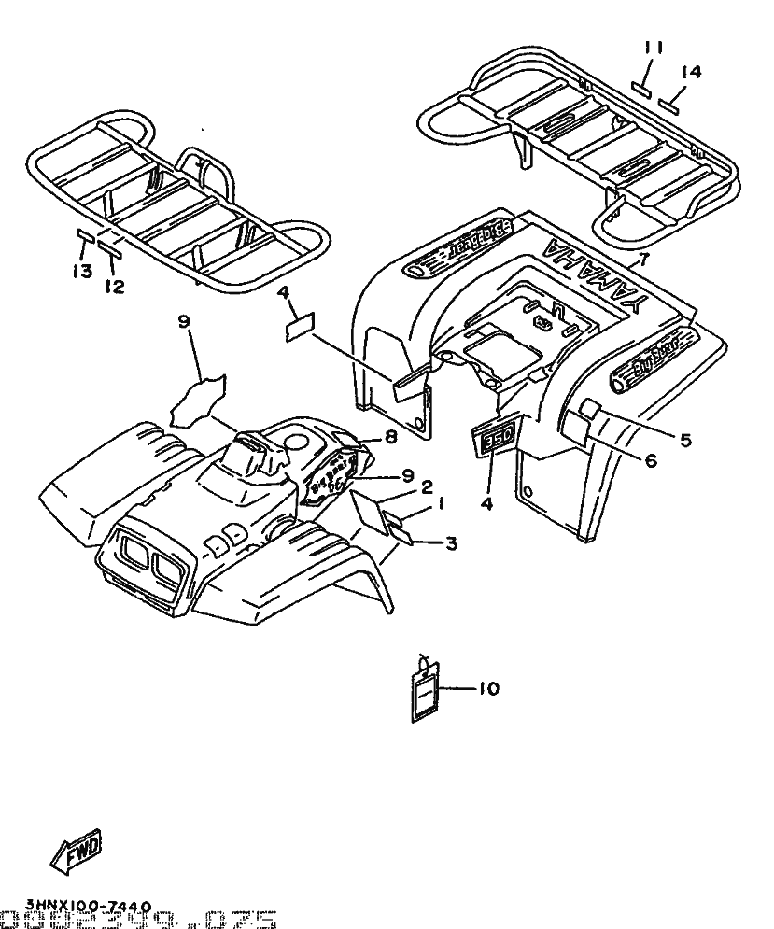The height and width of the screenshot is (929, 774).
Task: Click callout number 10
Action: (487, 689)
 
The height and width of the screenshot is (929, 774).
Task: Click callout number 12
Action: (114, 288)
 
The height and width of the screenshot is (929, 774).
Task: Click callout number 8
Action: (390, 435)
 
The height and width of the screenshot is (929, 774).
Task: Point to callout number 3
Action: (451, 543)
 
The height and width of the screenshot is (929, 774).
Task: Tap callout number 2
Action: (426, 486)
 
